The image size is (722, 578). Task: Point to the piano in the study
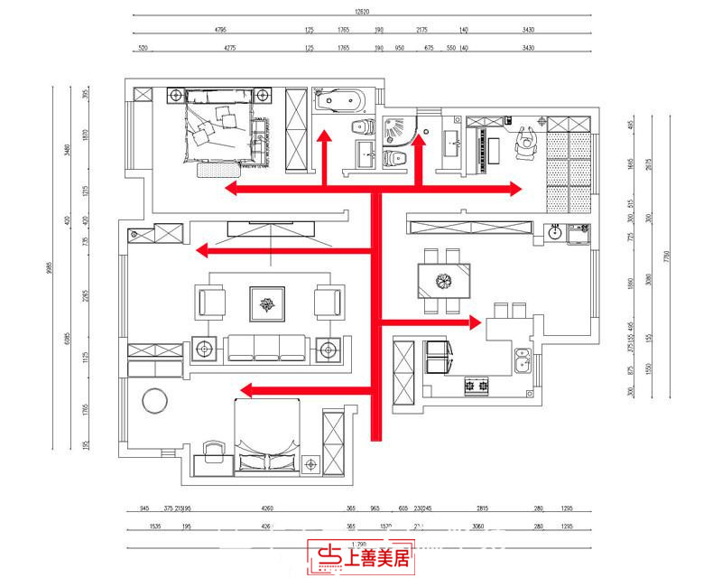click(x=492, y=150)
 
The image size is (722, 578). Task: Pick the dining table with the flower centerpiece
click(x=442, y=280)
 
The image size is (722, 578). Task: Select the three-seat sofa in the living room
click(x=267, y=347)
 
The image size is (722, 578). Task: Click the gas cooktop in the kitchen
click(x=476, y=387)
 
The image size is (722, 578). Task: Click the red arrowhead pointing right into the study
click(x=516, y=188)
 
